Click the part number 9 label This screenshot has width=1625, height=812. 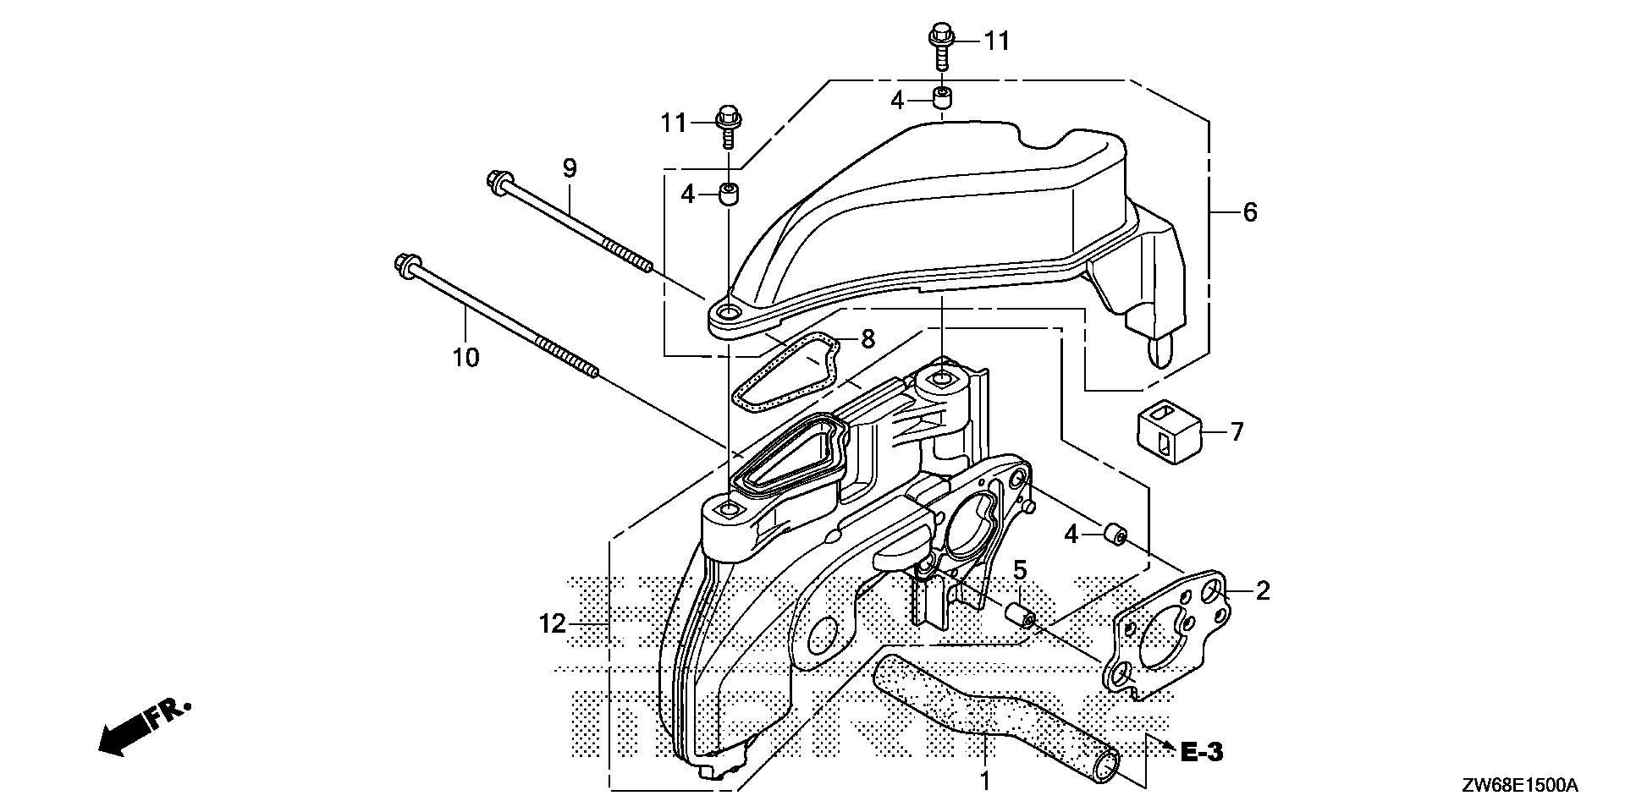point(570,167)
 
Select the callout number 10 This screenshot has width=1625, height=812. point(465,357)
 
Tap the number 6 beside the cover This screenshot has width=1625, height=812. point(1249,211)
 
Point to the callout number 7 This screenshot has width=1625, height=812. point(1237,432)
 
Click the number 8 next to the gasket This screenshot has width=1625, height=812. point(867,340)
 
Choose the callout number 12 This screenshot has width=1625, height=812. point(552,624)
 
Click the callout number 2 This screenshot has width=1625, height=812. point(1262,590)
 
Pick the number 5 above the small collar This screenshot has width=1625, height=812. point(1020,570)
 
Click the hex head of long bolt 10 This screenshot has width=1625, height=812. point(402,264)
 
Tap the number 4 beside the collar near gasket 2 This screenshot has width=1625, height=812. point(1071,535)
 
